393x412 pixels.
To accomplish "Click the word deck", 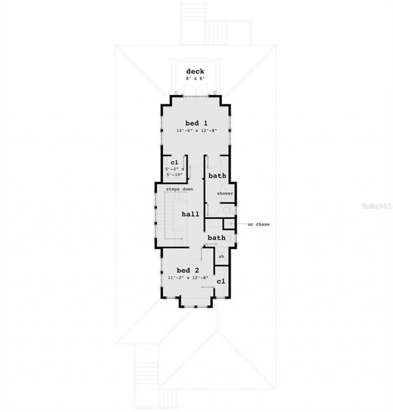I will point(195,71).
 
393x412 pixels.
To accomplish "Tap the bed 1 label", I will point(196,123).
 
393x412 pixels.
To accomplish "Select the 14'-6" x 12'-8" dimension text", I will point(196,131).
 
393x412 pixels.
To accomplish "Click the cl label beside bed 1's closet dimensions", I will point(175,162).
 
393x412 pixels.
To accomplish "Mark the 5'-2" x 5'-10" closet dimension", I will point(175,171).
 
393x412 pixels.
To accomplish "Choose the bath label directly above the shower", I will point(217,176).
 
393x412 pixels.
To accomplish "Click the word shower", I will point(225,193).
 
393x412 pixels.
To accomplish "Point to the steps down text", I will point(179,189).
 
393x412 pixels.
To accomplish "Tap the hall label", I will point(190,214).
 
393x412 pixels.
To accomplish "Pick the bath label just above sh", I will point(216,238).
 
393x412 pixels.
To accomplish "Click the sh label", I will point(221,256).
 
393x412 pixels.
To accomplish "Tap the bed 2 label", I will point(188,270).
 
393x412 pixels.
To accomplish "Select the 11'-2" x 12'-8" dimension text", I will point(188,277).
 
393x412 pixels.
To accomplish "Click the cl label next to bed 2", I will point(221,281).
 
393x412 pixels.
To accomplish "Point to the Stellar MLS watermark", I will point(376,206).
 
